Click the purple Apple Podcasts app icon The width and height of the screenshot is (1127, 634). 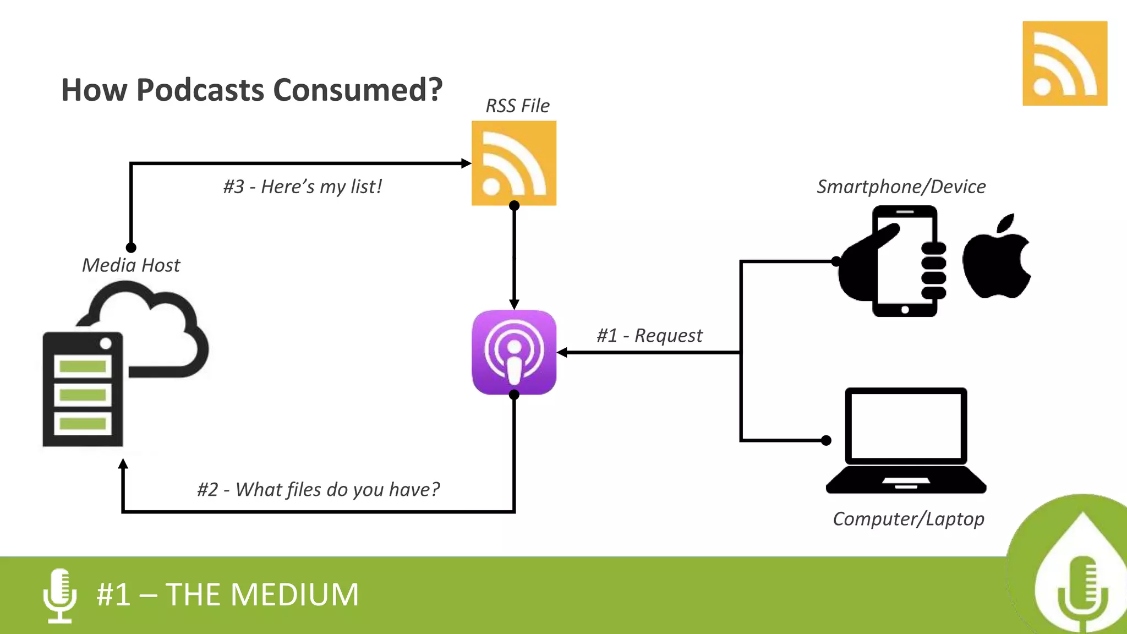(514, 352)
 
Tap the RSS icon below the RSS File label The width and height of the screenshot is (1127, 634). (514, 163)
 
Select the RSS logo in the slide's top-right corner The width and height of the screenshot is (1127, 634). (1065, 63)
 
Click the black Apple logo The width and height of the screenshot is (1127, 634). (996, 258)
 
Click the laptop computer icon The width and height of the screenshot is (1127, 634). (906, 440)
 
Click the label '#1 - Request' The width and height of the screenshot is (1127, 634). (649, 335)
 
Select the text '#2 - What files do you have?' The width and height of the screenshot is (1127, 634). (319, 489)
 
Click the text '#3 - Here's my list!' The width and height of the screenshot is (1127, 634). (302, 187)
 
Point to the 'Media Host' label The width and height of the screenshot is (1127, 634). (131, 265)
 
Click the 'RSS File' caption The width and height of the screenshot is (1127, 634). (517, 106)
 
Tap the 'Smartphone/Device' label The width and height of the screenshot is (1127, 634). (901, 187)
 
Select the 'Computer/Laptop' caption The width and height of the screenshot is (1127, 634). (908, 518)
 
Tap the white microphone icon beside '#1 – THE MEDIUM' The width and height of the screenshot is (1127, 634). (59, 595)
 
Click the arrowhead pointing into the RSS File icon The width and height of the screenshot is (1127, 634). (466, 163)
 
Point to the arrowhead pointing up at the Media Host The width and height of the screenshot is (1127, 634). (123, 464)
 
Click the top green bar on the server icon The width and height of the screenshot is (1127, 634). (83, 366)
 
